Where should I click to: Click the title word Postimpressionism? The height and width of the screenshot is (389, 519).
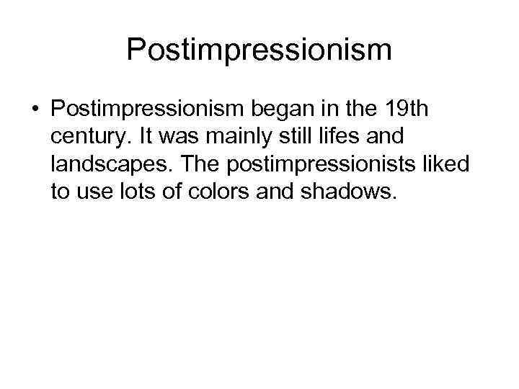click(x=259, y=50)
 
